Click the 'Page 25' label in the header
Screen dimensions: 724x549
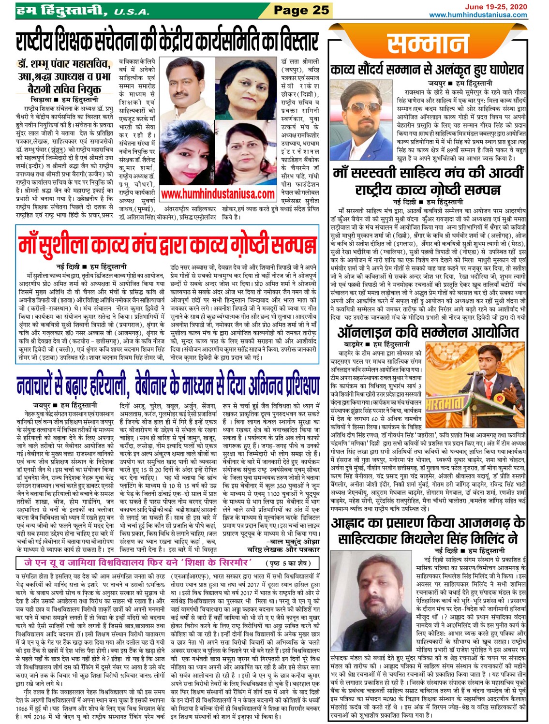301,10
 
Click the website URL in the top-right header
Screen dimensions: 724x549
478,15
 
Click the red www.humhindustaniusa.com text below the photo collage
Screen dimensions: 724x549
218,194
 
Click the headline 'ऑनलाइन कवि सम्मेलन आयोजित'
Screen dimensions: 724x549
428,332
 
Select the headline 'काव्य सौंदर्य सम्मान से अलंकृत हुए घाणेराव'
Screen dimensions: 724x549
427,70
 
